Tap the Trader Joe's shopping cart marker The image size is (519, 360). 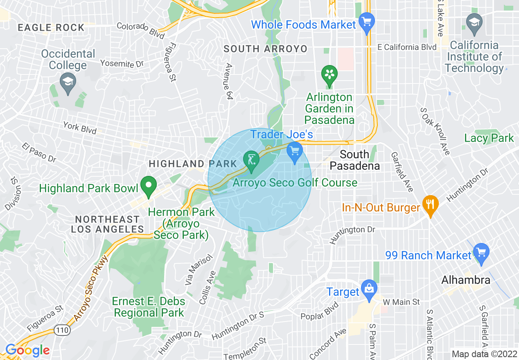294,151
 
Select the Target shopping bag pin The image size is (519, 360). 369,288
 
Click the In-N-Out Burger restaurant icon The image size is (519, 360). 430,203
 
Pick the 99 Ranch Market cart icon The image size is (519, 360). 481,251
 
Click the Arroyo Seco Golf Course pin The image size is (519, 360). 251,160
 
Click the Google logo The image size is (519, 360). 27,350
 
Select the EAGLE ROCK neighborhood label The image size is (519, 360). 51,28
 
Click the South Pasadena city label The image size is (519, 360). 354,160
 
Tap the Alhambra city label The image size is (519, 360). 466,280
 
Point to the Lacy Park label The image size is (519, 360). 489,138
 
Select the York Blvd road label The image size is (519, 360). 80,128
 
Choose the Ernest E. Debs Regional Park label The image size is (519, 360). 149,307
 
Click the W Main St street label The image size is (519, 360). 401,302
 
